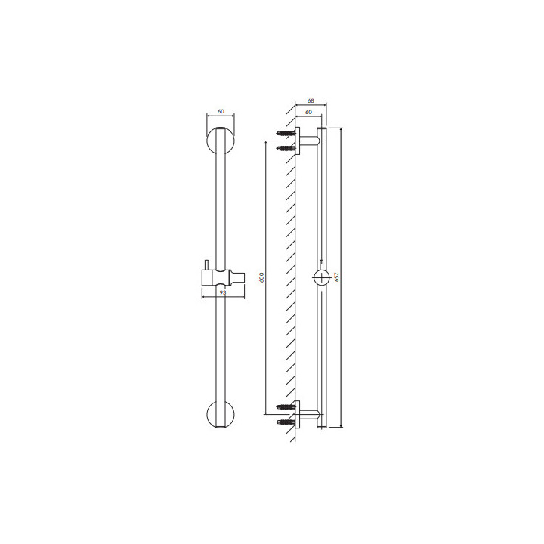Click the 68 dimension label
311,101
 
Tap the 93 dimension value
223,293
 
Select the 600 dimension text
262,277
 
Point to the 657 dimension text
335,277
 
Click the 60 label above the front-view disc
221,111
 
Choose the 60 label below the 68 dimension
308,112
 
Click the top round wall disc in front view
221,141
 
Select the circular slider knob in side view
322,277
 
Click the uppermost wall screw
286,133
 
